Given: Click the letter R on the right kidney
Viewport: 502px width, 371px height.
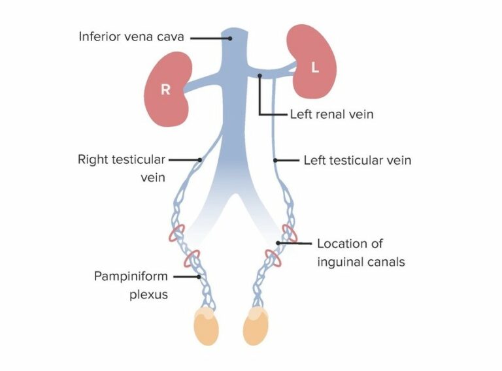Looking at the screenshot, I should (165, 90).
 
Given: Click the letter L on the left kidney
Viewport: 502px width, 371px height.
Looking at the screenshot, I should (314, 67).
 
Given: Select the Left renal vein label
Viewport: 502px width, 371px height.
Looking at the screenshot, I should (331, 114).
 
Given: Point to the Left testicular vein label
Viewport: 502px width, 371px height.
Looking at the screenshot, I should (357, 159).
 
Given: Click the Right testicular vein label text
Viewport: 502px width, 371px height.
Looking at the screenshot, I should (121, 168).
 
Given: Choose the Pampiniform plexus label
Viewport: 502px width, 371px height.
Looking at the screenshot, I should (130, 285).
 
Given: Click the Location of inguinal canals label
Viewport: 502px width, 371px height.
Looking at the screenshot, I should (360, 253).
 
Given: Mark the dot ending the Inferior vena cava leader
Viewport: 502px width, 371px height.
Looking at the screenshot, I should (229, 38).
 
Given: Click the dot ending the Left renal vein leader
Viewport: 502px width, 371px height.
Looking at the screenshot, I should (259, 76).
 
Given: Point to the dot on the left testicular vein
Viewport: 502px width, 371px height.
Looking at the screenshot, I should (275, 159).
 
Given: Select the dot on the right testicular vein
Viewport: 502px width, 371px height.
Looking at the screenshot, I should (200, 159).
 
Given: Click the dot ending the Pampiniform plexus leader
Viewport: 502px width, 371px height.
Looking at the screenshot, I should (200, 277).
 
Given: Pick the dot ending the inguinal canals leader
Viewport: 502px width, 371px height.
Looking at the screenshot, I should (278, 243).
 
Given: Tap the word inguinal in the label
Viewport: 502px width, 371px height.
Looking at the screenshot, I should (341, 263).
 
